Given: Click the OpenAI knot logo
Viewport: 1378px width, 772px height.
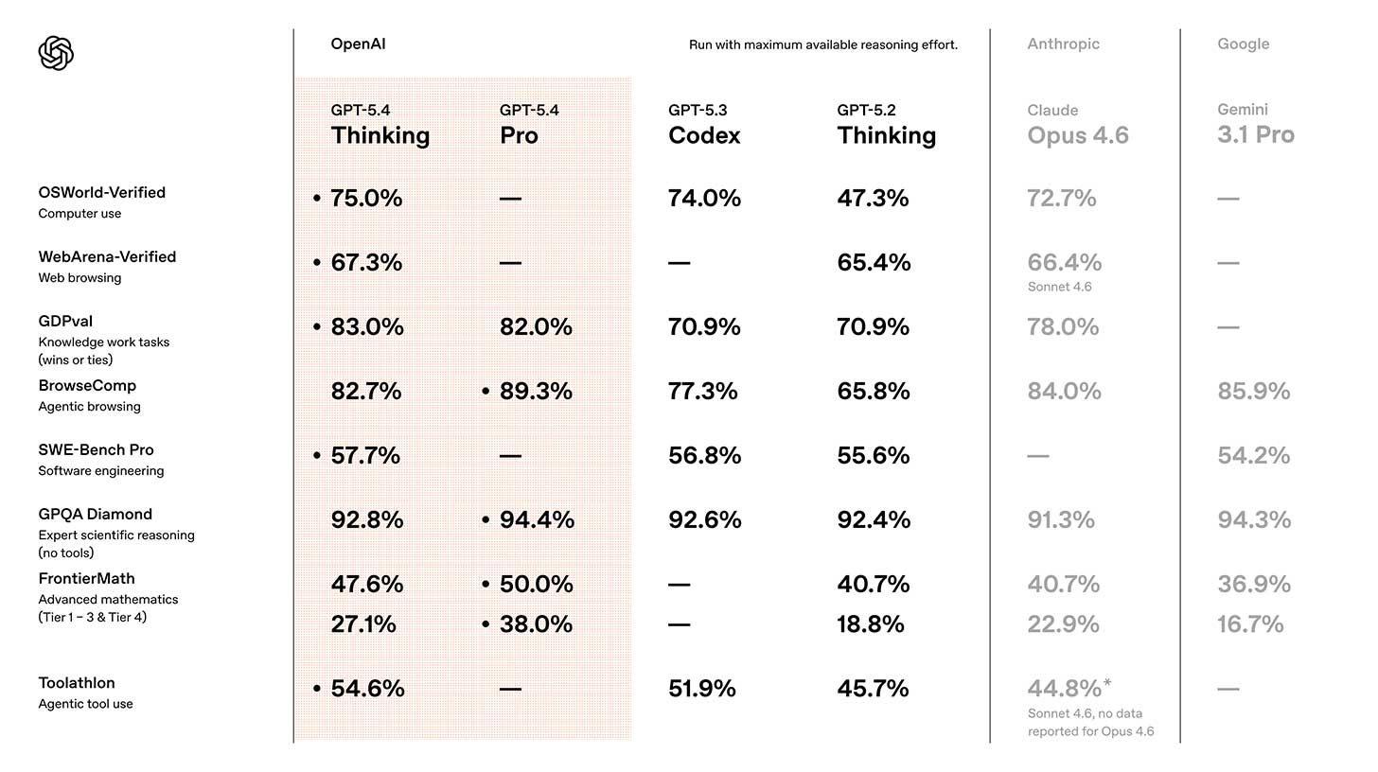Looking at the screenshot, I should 56,53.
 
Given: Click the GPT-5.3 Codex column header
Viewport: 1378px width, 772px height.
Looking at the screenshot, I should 703,126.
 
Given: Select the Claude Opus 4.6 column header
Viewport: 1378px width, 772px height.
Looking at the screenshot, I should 1077,126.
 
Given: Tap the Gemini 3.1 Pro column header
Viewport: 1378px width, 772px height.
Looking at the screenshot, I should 1255,125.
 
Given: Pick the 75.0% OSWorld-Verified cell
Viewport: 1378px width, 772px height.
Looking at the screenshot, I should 366,199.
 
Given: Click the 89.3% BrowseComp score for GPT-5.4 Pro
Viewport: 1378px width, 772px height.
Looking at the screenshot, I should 536,392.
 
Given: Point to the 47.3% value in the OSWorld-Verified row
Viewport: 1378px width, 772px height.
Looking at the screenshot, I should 873,199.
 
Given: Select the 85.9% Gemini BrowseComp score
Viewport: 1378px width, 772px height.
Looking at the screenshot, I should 1253,392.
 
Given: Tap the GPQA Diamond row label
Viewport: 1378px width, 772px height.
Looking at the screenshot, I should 95,515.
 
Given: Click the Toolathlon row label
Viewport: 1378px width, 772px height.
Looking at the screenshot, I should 77,683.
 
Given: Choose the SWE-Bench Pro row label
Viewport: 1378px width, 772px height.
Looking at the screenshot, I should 96,450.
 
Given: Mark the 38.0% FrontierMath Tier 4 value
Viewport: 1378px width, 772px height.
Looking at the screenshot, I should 536,624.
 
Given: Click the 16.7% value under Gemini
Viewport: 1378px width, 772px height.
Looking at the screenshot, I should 1250,624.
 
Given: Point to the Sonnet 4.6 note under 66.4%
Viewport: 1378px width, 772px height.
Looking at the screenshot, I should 1059,287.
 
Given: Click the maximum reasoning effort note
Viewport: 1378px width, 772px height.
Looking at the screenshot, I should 822,44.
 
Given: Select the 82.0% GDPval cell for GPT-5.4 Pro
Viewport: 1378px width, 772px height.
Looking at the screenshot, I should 536,327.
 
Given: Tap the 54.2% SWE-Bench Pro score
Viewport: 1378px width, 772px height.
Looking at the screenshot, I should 1253,456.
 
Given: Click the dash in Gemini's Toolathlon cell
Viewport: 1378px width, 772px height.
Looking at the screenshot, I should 1228,689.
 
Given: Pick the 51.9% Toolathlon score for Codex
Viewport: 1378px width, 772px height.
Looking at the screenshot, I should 701,689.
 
